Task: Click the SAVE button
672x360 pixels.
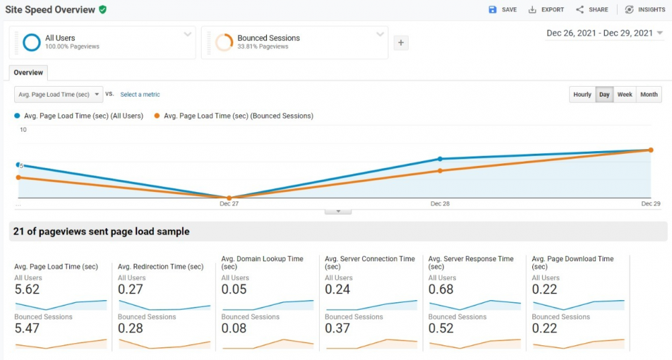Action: [x=503, y=9]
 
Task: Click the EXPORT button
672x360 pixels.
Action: [x=546, y=9]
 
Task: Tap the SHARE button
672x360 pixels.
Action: [x=592, y=9]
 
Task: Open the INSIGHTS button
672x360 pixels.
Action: [x=644, y=9]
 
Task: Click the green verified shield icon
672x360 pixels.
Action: [x=102, y=9]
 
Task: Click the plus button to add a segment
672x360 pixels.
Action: [x=401, y=42]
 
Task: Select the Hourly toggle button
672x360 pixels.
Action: [x=582, y=95]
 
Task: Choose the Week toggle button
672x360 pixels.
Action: [x=625, y=95]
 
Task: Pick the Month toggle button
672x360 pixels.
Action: [x=648, y=95]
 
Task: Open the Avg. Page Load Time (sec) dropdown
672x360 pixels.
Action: [x=59, y=95]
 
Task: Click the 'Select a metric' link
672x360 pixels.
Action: [x=140, y=95]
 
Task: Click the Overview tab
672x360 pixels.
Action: [x=28, y=73]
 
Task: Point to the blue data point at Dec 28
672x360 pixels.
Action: [x=440, y=159]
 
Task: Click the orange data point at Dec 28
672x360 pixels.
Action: [x=440, y=171]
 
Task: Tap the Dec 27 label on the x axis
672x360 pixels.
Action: [x=229, y=204]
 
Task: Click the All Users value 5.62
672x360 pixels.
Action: [x=27, y=289]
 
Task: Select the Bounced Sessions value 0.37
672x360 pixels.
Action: [x=337, y=328]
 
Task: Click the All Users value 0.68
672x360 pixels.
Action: [x=441, y=289]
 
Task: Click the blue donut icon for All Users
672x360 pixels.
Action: [x=32, y=42]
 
